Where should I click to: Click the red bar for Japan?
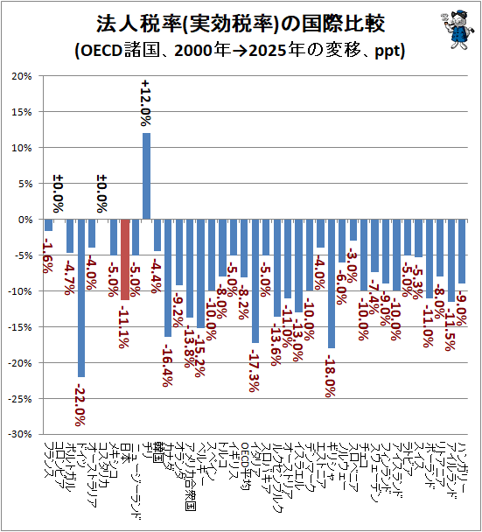pyautogui.click(x=125, y=260)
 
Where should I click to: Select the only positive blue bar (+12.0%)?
pyautogui.click(x=146, y=176)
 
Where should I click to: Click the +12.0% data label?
pyautogui.click(x=146, y=103)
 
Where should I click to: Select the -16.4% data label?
pyautogui.click(x=167, y=362)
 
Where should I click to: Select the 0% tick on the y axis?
pyautogui.click(x=22, y=220)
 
